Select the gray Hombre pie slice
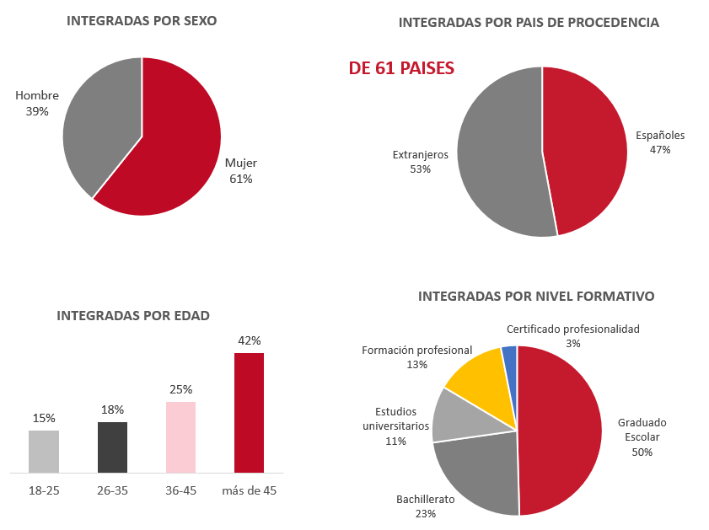(x=101, y=126)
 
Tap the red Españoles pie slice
(x=586, y=152)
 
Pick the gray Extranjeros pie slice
(x=497, y=152)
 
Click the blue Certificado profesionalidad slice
(x=509, y=357)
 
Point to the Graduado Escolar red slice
(x=561, y=430)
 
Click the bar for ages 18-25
(x=44, y=452)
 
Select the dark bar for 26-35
(x=112, y=447)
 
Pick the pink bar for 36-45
(x=180, y=437)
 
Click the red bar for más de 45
(x=249, y=413)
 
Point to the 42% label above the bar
(x=250, y=340)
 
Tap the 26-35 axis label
(x=112, y=490)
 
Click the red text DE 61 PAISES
(x=401, y=68)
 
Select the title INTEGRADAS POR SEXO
(x=142, y=21)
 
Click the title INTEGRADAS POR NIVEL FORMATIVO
(x=536, y=297)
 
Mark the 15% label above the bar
(x=44, y=418)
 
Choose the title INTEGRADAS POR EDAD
(x=133, y=316)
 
